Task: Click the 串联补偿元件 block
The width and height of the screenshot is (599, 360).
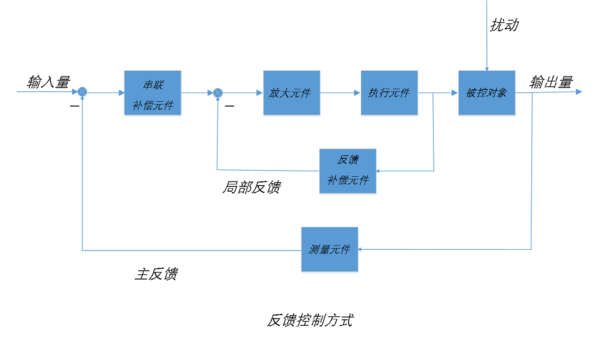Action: pos(152,93)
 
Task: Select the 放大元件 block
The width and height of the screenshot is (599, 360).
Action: pos(291,93)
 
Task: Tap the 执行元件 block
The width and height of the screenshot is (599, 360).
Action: pos(389,93)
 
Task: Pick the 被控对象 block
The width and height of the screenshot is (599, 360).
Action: pos(486,93)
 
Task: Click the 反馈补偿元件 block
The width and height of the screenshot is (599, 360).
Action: pos(347,171)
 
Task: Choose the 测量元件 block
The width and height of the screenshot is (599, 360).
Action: pos(329,249)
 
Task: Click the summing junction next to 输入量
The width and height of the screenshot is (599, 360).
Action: pos(83,92)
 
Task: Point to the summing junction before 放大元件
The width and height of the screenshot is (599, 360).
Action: pos(218,92)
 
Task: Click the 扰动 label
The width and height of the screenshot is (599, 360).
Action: pos(503,25)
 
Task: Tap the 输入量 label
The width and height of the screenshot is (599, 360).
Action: pos(48,81)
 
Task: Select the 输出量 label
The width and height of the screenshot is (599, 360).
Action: pos(550,82)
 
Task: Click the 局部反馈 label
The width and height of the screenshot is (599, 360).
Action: pos(251,187)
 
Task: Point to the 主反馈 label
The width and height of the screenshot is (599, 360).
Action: pos(156,274)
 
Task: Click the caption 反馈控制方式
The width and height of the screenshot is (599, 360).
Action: pos(309,320)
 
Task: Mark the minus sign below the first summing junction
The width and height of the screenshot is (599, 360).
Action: pos(74,106)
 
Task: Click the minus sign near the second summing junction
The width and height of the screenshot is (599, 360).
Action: pos(229,106)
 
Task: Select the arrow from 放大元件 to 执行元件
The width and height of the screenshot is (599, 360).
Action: pos(340,93)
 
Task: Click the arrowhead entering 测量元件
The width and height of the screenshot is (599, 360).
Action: pos(362,249)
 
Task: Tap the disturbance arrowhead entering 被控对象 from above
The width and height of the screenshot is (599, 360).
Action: pos(487,68)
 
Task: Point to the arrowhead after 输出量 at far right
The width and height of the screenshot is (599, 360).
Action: pos(579,92)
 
